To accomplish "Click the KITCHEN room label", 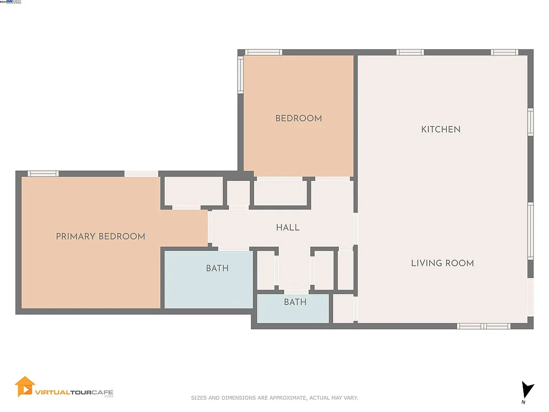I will [441, 129].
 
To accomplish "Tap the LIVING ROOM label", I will [442, 263].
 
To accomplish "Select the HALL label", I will [288, 227].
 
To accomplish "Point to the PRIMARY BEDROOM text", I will [100, 236].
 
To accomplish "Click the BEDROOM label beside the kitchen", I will [299, 118].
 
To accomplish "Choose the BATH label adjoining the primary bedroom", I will [217, 268].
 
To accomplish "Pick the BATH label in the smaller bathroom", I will [295, 302].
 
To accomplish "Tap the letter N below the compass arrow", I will [523, 402].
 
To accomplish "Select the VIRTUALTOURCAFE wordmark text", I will [74, 392].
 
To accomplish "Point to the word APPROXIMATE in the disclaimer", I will [287, 398].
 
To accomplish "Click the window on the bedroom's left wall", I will [241, 75].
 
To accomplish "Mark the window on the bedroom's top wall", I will [264, 53].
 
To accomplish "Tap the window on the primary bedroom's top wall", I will [43, 174].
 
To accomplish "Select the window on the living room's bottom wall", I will [483, 326].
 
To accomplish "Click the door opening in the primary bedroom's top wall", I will [142, 174].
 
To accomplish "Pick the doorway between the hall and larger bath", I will [234, 248].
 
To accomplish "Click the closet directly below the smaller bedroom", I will [280, 193].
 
